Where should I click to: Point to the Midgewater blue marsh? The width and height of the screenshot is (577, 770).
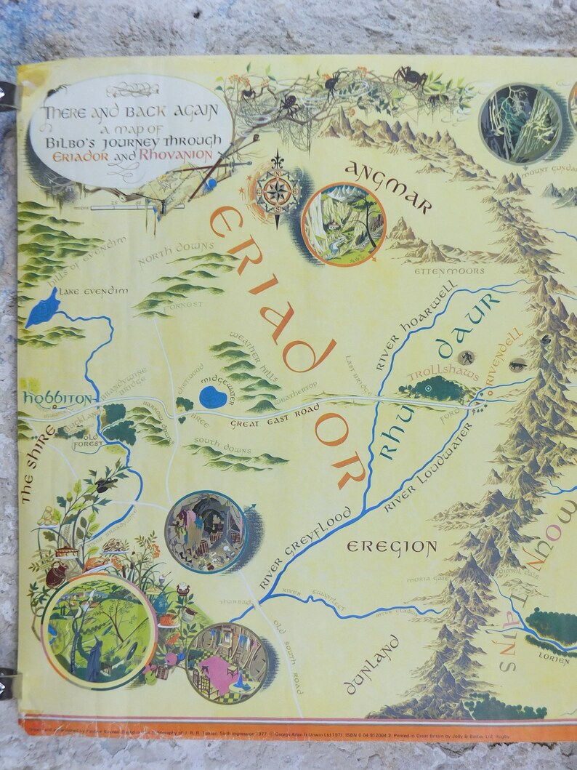coord(213,396)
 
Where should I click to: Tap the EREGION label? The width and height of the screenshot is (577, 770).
coord(392,547)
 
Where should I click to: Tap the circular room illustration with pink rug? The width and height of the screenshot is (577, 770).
coord(227,659)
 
